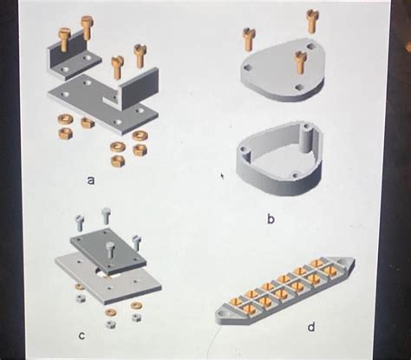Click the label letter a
(90, 180)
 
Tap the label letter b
(270, 220)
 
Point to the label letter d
(310, 328)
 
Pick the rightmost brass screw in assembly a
(140, 55)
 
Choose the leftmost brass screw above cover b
(250, 38)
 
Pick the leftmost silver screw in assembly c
(79, 222)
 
